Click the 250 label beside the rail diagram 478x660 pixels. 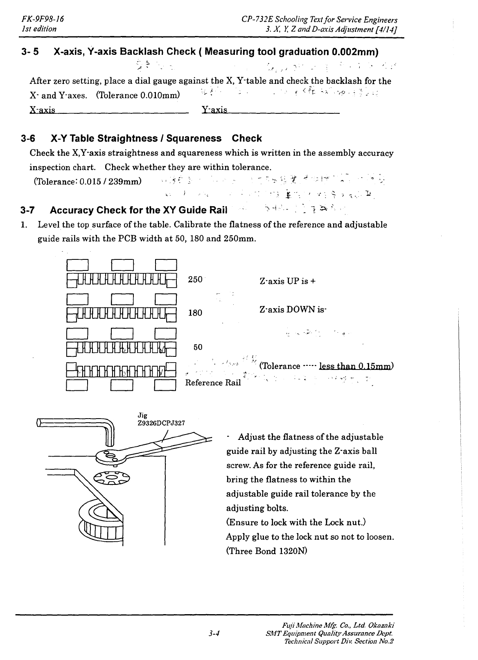tap(195, 279)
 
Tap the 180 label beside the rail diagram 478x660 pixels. tap(195, 313)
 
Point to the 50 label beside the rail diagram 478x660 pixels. tap(198, 347)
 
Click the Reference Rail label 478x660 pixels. tap(213, 383)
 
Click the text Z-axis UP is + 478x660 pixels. tap(288, 282)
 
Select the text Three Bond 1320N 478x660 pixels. tap(266, 551)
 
